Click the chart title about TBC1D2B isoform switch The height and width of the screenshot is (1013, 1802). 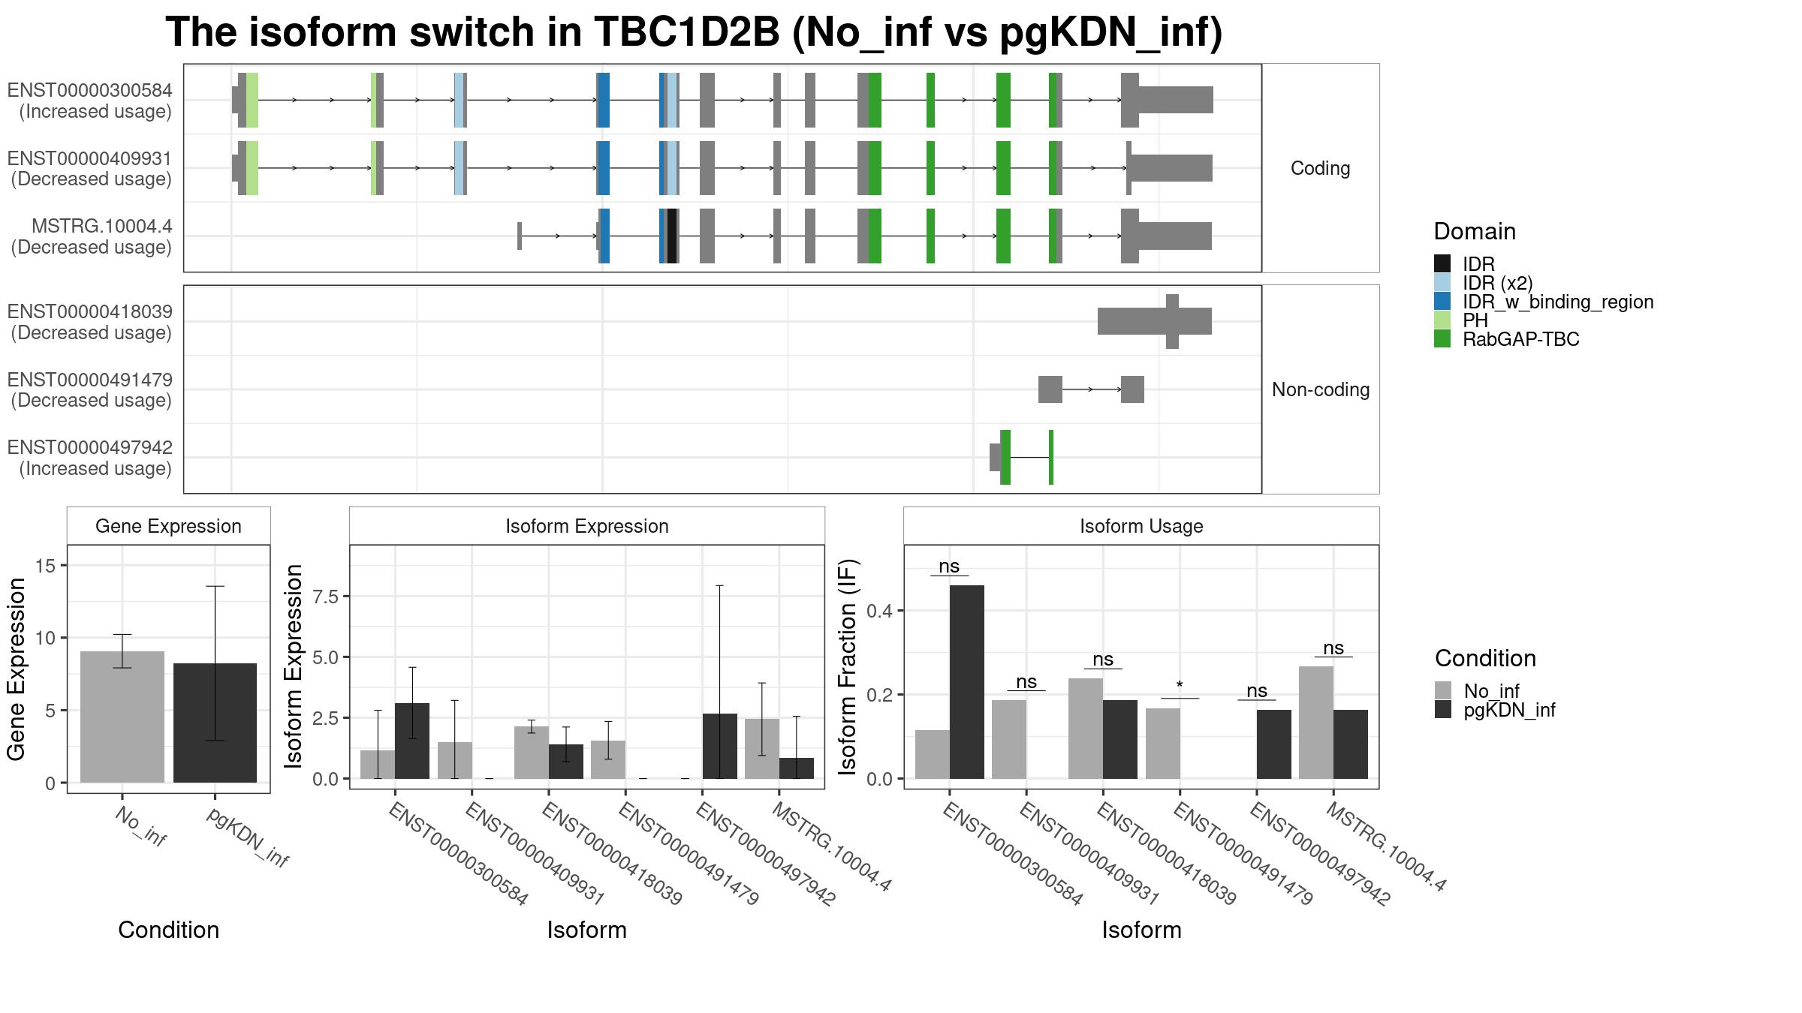click(694, 32)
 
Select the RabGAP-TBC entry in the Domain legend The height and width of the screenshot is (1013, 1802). click(1520, 340)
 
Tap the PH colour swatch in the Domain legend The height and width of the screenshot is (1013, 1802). click(1442, 320)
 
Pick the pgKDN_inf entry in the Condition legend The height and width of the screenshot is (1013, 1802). click(1509, 710)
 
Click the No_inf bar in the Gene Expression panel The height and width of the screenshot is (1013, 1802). click(122, 717)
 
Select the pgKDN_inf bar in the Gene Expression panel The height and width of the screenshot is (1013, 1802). click(215, 723)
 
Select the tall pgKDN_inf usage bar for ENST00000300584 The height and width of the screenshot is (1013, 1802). click(967, 681)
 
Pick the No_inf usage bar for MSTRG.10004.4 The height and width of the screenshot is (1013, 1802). click(1316, 723)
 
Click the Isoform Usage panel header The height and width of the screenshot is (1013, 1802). click(1141, 526)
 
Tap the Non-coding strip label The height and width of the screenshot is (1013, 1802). click(1321, 389)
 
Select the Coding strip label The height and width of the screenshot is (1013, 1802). click(1320, 168)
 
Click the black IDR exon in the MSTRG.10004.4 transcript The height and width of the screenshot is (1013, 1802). click(672, 236)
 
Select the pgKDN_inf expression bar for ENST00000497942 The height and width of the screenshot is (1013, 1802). click(720, 746)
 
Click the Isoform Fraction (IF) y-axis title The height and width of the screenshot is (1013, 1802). click(848, 666)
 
